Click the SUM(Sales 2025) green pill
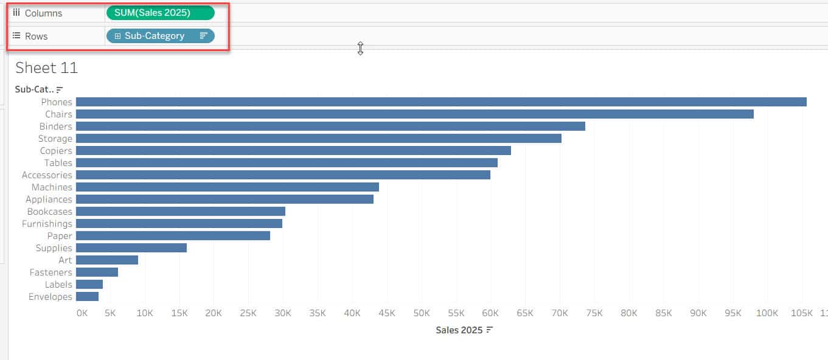[160, 13]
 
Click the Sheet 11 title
[47, 67]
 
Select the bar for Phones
[440, 102]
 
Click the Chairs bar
[414, 114]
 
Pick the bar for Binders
[330, 126]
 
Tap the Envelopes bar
[87, 297]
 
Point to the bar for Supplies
[131, 248]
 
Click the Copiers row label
[56, 151]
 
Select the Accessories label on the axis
[47, 175]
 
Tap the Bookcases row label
[49, 212]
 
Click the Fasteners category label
[50, 272]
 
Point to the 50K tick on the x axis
[421, 313]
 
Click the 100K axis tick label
[767, 313]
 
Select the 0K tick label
[82, 313]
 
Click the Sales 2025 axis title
[459, 330]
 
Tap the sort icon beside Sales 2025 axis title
[489, 330]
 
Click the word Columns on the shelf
[43, 13]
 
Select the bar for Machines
[227, 187]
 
